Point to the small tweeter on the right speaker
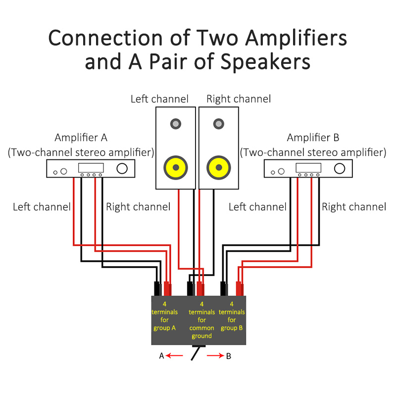(x=218, y=123)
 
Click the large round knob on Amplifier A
(x=122, y=168)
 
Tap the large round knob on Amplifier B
(x=340, y=168)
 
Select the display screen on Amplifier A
(x=91, y=167)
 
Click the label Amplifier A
(x=81, y=137)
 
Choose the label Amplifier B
(x=313, y=137)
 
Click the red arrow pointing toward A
(x=174, y=355)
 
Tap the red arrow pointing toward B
(x=215, y=355)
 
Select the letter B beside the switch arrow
(x=228, y=356)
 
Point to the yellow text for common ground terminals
(x=201, y=320)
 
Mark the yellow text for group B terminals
(x=232, y=316)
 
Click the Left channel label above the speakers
(x=159, y=99)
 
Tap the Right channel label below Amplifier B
(x=354, y=207)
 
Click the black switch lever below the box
(x=197, y=353)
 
